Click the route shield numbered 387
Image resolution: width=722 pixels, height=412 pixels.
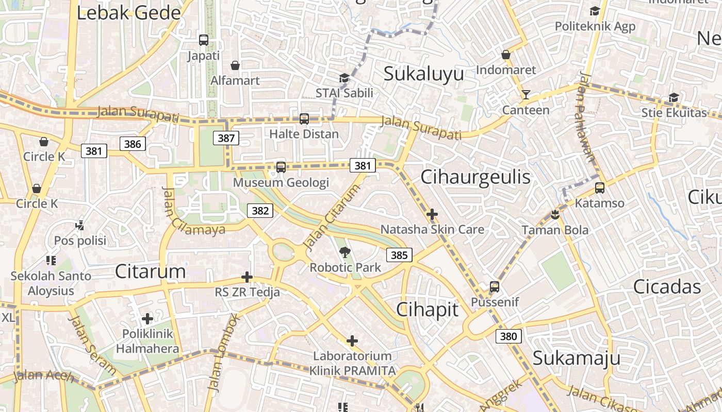click(x=226, y=138)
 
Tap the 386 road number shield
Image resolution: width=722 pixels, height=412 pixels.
click(x=133, y=144)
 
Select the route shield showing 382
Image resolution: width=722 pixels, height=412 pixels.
click(x=260, y=210)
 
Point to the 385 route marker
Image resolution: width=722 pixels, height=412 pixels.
click(x=399, y=255)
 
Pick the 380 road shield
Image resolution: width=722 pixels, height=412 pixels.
click(x=508, y=336)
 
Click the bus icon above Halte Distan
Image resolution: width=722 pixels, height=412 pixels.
click(x=304, y=119)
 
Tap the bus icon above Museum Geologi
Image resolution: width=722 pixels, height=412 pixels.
click(x=281, y=167)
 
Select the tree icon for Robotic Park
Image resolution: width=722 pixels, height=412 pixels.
click(x=345, y=252)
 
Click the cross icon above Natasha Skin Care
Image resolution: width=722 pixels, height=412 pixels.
click(x=432, y=214)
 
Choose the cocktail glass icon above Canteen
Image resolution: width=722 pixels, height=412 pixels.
click(x=526, y=95)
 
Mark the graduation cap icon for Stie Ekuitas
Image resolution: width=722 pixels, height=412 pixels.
click(x=674, y=97)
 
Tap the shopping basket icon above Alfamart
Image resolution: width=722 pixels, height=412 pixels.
click(x=235, y=65)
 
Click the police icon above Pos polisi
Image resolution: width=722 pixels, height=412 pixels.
click(x=80, y=225)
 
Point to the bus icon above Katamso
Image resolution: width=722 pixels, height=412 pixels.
click(x=599, y=188)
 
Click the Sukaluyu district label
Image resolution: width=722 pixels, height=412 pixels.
click(x=423, y=74)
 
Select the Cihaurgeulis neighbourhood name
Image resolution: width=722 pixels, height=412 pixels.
click(x=475, y=177)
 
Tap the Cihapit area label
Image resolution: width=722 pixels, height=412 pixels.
click(x=427, y=309)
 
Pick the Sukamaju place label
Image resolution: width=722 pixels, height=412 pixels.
click(x=576, y=357)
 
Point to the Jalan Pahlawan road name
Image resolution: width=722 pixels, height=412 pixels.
click(x=586, y=123)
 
